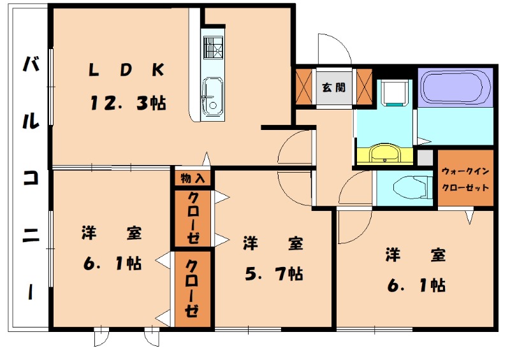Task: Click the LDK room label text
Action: coord(126,71)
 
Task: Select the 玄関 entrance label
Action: coord(333,87)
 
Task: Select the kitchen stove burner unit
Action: coord(212,48)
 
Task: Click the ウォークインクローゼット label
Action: coord(465,179)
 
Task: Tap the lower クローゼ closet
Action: coord(193,289)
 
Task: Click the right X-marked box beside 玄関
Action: coord(364,85)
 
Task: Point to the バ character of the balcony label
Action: coord(30,66)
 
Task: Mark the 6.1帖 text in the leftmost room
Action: coord(111,263)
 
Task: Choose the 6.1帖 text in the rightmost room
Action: coord(416,284)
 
